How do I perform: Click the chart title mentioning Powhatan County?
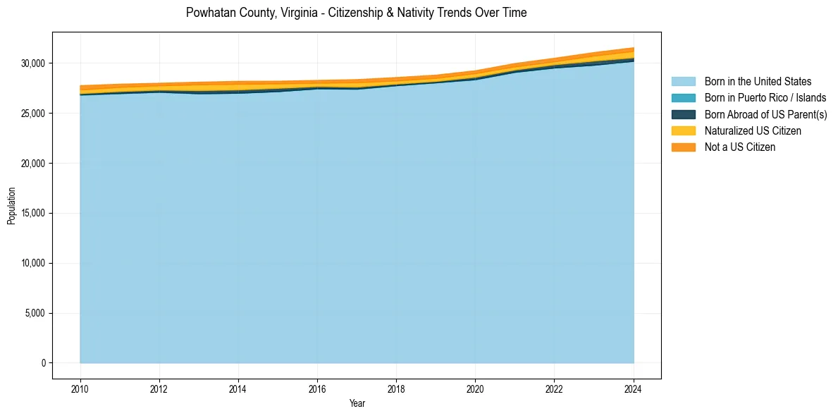356,13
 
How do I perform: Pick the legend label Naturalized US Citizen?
753,131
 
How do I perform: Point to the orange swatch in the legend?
683,147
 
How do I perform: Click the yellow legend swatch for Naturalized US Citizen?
683,131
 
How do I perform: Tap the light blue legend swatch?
683,82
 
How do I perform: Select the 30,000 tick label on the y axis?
32,63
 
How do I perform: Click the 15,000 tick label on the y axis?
32,214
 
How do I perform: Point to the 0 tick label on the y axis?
43,363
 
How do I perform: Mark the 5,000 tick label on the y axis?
35,313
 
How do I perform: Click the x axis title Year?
357,403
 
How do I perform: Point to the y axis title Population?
11,206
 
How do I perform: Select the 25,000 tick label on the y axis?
32,114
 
